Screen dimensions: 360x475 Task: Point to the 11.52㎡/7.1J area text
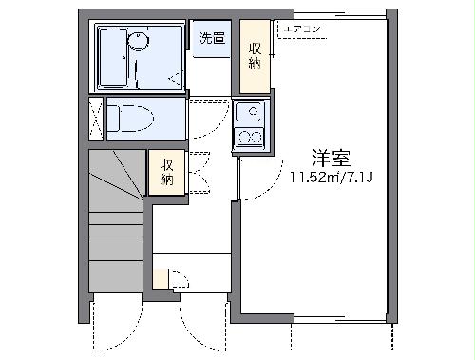pos(325,177)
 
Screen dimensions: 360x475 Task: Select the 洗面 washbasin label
pos(211,39)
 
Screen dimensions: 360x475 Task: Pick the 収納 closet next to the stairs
pos(166,172)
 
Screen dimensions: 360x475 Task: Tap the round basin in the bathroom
pos(140,40)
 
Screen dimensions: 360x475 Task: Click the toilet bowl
pos(129,118)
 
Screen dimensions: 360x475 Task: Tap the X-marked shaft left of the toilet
pos(96,119)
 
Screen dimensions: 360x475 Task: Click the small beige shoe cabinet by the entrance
pos(161,278)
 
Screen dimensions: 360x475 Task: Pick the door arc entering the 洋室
pos(249,180)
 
